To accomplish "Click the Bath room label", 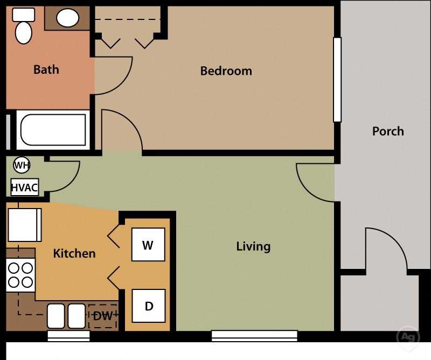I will pos(46,70).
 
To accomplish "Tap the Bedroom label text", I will pos(226,71).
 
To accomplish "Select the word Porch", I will pos(388,131).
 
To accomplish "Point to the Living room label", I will pos(253,246).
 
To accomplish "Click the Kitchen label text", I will pos(74,253).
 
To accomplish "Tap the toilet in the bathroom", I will pos(23,26).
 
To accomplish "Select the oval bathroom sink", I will pos(68,18).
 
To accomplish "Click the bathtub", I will pos(53,130).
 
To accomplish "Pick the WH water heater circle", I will pos(22,165).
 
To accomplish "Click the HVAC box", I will pos(24,188).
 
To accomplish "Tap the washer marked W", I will pos(148,245).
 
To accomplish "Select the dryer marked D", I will pos(149,306).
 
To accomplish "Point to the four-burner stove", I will pos(20,275).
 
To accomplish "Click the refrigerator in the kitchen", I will pos(24,225).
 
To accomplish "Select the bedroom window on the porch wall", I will pos(337,80).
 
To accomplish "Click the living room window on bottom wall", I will pos(254,336).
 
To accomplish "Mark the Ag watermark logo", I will pos(407,337).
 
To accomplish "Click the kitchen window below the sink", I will pos(68,336).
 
